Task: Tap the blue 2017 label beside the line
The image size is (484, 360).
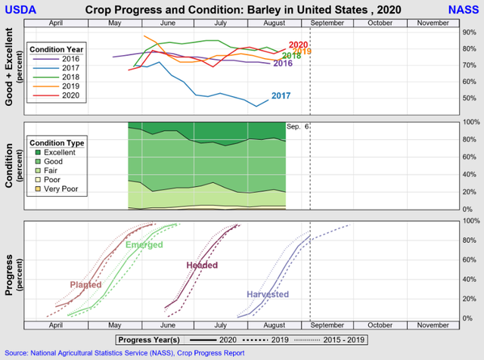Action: pyautogui.click(x=281, y=96)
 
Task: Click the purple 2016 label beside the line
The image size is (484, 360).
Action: pyautogui.click(x=282, y=64)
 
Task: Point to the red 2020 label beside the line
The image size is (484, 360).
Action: pyautogui.click(x=298, y=45)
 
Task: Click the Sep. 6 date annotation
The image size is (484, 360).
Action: pyautogui.click(x=296, y=126)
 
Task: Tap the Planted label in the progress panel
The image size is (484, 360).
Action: pyautogui.click(x=85, y=284)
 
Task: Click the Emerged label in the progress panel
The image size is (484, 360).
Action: pyautogui.click(x=144, y=246)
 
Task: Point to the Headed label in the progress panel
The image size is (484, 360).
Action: pyautogui.click(x=202, y=265)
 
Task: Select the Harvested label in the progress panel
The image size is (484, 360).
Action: pyautogui.click(x=268, y=293)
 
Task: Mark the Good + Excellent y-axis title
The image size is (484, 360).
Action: pyautogui.click(x=9, y=70)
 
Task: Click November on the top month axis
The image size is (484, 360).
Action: pyautogui.click(x=433, y=23)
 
